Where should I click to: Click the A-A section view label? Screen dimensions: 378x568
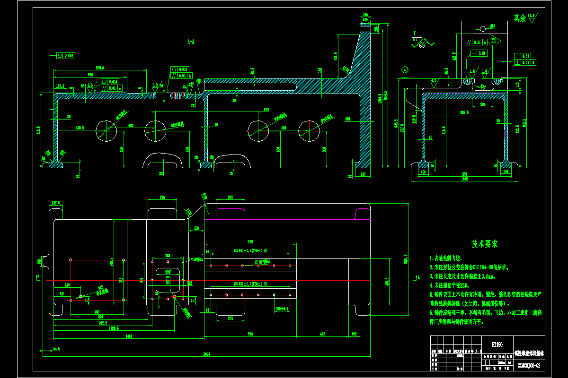point(191,43)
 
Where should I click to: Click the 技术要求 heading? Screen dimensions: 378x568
point(484,244)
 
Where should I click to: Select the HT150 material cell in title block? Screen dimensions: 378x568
point(497,344)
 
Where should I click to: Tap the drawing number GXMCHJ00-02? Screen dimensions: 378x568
point(528,365)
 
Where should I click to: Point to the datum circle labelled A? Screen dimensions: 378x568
point(405,69)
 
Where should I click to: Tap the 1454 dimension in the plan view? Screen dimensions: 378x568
point(128,336)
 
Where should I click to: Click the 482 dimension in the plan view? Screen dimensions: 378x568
point(322,334)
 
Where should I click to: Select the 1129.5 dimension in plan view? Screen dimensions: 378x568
point(114,327)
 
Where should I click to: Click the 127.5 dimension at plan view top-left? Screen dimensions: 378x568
point(57,202)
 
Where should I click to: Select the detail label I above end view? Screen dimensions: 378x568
point(414,33)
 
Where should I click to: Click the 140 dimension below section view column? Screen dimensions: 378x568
point(363,174)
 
